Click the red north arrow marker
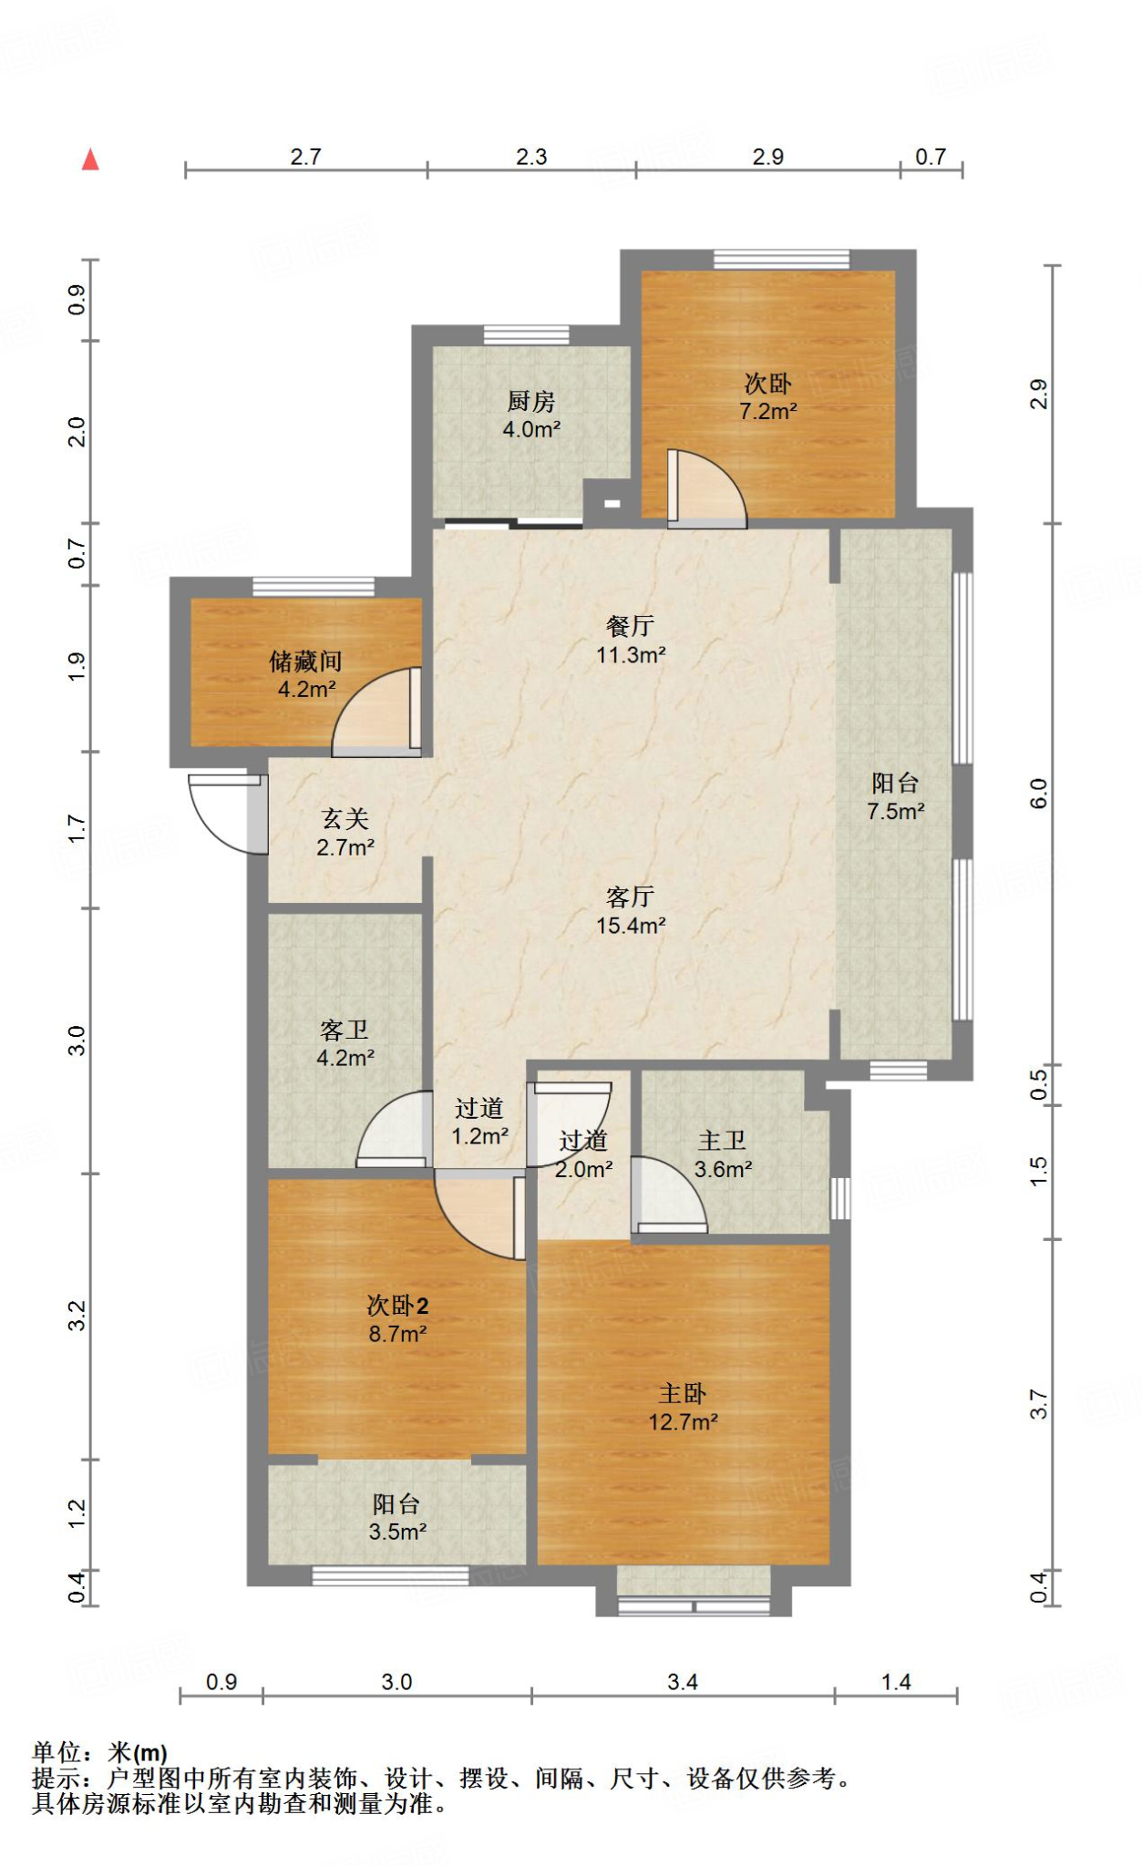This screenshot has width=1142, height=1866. point(90,159)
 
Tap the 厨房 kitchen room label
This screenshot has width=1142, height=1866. point(531,401)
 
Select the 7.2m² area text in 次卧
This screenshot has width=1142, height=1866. point(768,412)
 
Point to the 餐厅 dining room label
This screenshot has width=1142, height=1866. point(630,626)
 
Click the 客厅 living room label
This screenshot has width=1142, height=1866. point(630,897)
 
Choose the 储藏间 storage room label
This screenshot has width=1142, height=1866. point(306,661)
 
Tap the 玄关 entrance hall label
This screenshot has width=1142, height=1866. point(345,819)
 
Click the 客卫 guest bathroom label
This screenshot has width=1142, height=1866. point(345,1030)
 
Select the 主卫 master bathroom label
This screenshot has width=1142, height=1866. point(723,1141)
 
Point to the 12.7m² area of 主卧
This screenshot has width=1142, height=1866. point(684,1422)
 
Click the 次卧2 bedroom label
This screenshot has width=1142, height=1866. point(397,1306)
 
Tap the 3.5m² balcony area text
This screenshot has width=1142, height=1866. point(398,1533)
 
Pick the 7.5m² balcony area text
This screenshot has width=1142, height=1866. point(896,812)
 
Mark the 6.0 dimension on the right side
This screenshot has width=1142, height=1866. point(1039,794)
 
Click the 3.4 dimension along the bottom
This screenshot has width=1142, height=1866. point(683,1682)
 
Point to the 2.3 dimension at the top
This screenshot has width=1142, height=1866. point(531,157)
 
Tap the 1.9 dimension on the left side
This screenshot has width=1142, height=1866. point(77,667)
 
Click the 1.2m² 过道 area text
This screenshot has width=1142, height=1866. point(480,1136)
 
